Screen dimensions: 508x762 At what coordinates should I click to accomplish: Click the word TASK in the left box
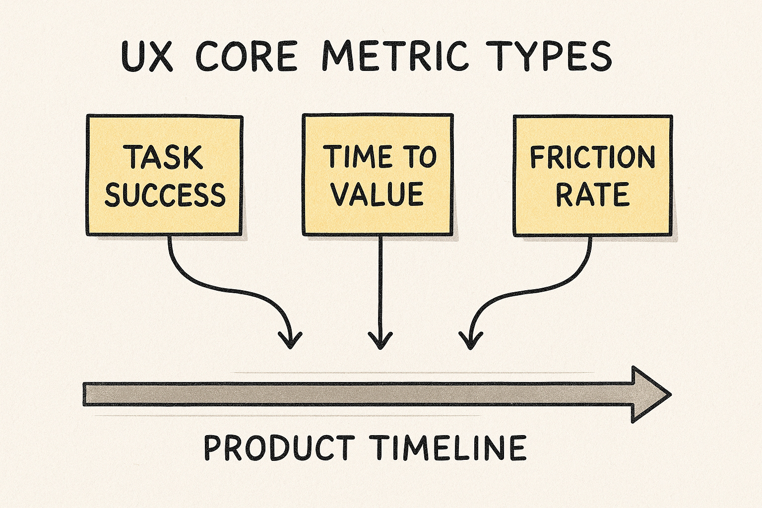click(164, 157)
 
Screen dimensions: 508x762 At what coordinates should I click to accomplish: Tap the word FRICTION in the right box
click(592, 157)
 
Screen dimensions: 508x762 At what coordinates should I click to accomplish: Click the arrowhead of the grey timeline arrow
click(650, 394)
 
